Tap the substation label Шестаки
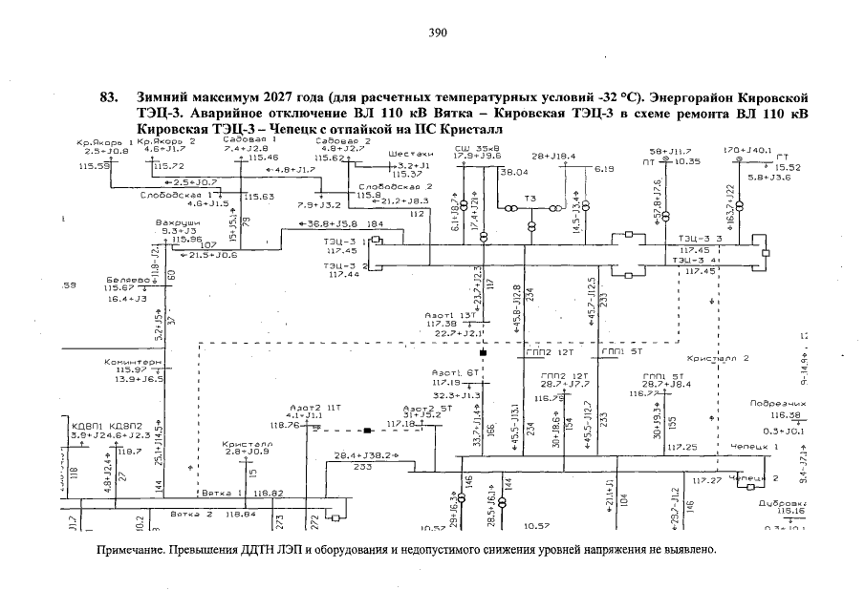(412, 154)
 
